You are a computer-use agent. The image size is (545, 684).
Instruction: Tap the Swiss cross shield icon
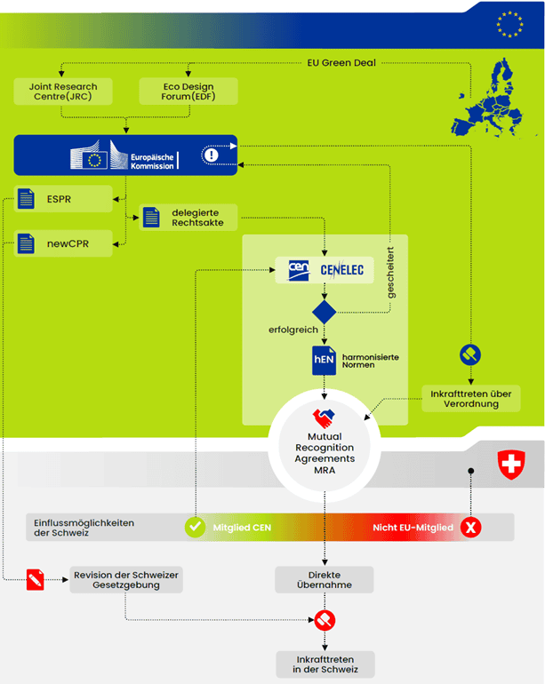click(510, 464)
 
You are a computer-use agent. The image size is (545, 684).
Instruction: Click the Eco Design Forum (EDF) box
click(188, 91)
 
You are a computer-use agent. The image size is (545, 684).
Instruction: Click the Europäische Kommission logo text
click(152, 160)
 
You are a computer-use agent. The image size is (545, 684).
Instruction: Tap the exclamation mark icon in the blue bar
click(211, 155)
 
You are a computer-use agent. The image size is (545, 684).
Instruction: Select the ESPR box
click(62, 199)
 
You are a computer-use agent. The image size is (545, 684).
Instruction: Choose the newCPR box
click(62, 243)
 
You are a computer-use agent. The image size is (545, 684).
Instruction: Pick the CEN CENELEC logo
click(325, 269)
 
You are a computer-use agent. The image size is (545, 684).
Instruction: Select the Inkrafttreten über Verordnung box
click(470, 398)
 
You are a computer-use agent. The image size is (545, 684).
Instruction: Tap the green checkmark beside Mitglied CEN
click(194, 528)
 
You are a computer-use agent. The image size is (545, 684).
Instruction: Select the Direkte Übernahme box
click(325, 580)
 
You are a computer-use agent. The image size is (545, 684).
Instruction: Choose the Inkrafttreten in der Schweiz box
click(325, 664)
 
